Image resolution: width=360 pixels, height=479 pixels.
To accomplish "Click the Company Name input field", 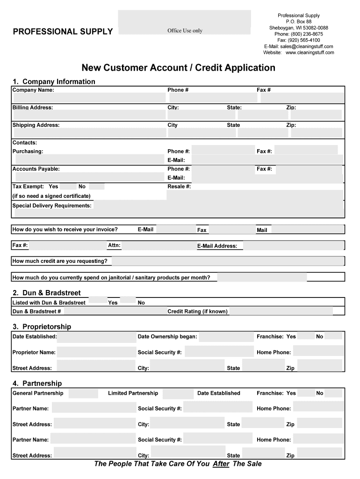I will tap(89, 97).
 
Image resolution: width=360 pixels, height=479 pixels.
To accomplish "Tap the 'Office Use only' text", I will tap(185, 31).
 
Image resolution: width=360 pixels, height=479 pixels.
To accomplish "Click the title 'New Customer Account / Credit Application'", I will tap(179, 68).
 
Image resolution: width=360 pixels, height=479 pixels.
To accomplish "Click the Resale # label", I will tap(179, 187).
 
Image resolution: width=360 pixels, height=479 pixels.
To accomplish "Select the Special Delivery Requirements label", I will tap(52, 206).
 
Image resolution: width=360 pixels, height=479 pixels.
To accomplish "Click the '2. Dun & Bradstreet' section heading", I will tap(47, 293).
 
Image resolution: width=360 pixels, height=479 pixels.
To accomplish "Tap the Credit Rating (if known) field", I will tap(281, 312).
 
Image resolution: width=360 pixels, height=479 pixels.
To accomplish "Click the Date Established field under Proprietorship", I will tap(96, 337).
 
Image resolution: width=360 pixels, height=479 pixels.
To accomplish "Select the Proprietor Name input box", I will tap(96, 352).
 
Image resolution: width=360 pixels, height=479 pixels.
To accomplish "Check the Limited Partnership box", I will tap(178, 393).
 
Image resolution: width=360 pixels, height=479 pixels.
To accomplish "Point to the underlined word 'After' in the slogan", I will tap(221, 464).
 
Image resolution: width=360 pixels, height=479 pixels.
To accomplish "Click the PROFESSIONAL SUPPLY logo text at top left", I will tap(63, 31).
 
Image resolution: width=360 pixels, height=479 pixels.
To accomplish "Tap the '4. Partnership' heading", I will tap(37, 384).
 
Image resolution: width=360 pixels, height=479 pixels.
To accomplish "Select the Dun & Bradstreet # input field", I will tap(115, 312).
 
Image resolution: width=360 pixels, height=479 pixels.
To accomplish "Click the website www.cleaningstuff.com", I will tap(310, 52).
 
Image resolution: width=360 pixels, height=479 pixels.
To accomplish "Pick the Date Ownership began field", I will tap(226, 337).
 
